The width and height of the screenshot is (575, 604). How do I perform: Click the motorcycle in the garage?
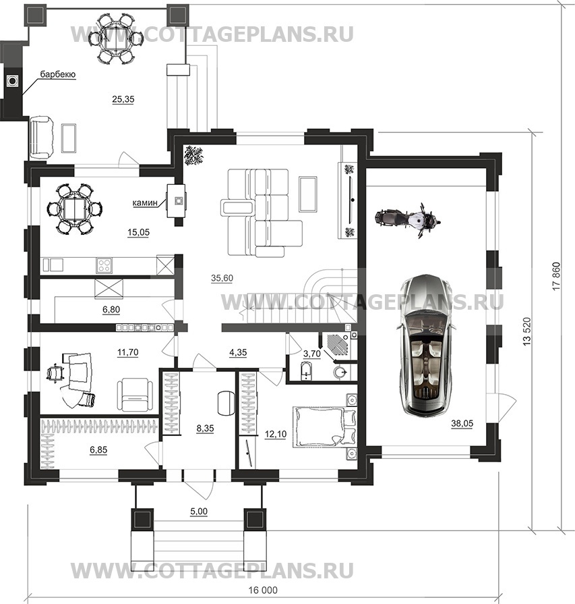(x=408, y=219)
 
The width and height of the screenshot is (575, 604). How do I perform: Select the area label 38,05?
(x=462, y=423)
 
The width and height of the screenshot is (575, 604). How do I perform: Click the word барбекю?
(x=58, y=74)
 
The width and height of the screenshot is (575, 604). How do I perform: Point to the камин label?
(x=145, y=202)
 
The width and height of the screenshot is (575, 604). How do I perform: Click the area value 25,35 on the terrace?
(x=123, y=99)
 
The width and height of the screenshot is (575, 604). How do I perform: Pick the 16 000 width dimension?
(x=264, y=590)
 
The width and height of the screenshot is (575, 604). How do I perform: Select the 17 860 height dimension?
(x=557, y=277)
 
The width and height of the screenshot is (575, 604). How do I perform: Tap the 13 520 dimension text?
(x=527, y=331)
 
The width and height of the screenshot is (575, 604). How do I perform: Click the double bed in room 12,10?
(x=320, y=427)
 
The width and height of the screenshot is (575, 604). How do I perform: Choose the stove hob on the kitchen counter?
(x=104, y=265)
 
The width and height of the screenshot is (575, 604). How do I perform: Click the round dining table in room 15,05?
(x=75, y=209)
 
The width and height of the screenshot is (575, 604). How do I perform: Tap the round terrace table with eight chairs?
(x=115, y=38)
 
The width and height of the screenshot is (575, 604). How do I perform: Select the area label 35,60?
(x=222, y=278)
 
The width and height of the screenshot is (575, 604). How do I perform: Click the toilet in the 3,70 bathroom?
(x=305, y=371)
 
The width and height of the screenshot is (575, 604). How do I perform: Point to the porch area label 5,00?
(x=199, y=511)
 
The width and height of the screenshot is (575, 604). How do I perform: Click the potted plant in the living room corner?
(x=193, y=156)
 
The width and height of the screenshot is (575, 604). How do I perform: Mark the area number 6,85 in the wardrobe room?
(x=98, y=449)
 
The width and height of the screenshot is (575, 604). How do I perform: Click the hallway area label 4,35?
(x=238, y=352)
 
